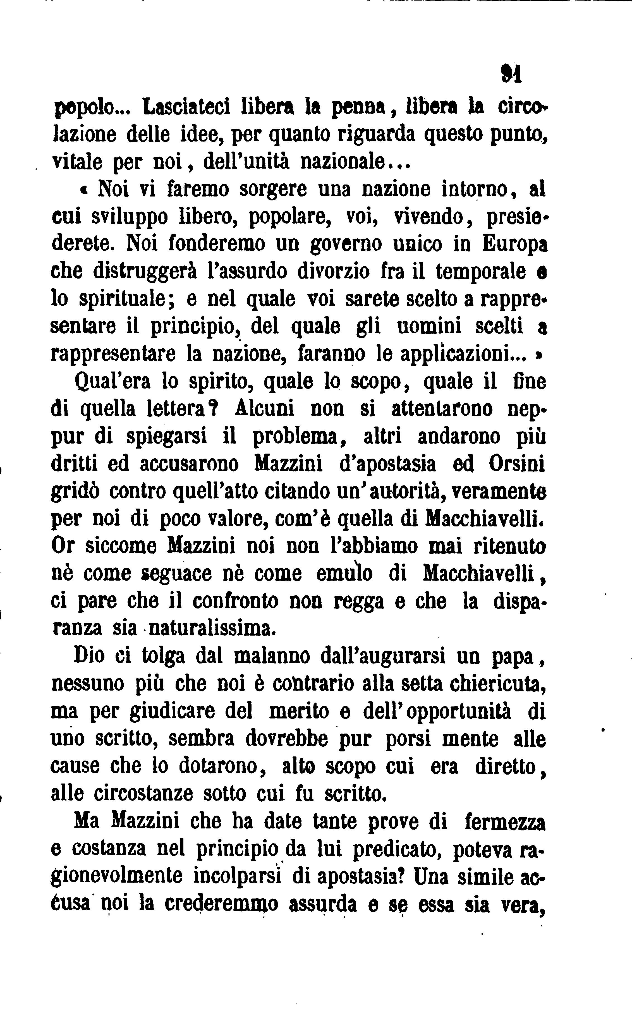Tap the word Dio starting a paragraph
89,656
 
